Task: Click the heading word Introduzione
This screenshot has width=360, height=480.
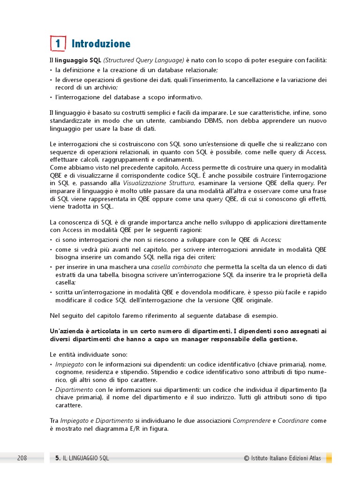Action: pos(101,44)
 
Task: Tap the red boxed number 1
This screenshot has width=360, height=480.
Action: pos(58,44)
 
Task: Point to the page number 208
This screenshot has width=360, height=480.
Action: pos(22,458)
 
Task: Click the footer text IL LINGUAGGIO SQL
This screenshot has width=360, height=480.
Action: pos(86,458)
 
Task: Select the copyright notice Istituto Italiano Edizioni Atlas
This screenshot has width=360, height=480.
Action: pos(285,458)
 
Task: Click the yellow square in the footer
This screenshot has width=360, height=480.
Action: pos(329,458)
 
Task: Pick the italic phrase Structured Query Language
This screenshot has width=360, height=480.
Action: pos(143,60)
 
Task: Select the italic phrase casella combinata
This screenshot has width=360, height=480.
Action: pos(177,267)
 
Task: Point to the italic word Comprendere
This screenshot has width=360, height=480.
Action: pos(251,421)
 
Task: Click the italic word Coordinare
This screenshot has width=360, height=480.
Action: pos(293,421)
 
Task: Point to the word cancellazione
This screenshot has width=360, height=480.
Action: pos(252,80)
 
